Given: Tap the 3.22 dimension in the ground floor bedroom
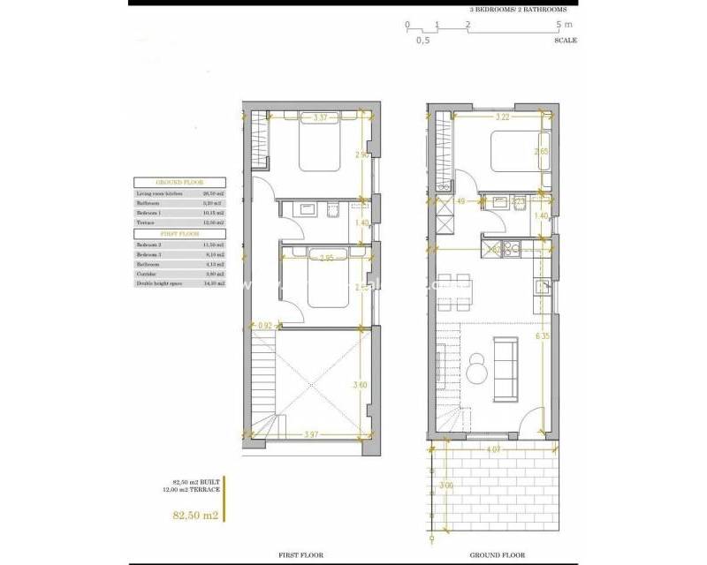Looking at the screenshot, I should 504,117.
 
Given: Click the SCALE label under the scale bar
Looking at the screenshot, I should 566,41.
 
